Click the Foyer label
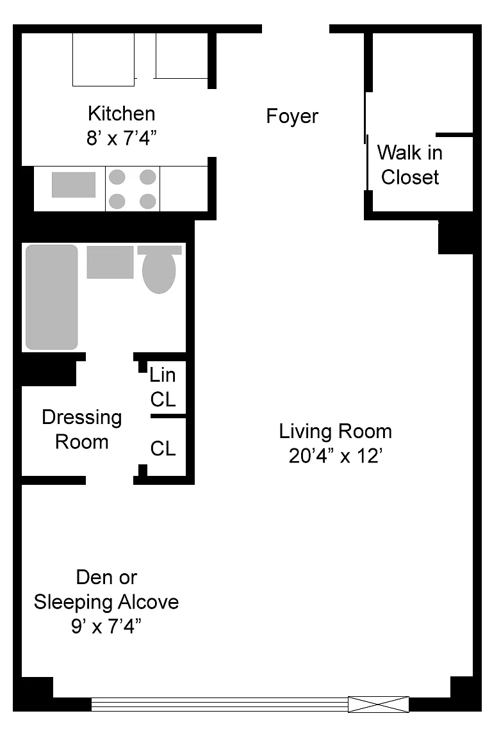click(x=292, y=116)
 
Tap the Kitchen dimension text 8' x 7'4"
click(x=121, y=138)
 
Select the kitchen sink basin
click(x=74, y=184)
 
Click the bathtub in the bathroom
click(x=51, y=297)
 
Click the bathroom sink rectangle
click(x=110, y=262)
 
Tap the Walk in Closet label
click(x=409, y=165)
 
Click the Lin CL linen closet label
click(x=163, y=387)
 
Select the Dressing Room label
click(x=82, y=429)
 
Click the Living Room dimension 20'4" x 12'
click(x=336, y=456)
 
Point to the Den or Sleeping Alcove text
click(x=106, y=589)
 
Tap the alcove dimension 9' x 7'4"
click(x=106, y=626)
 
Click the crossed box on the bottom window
click(x=378, y=705)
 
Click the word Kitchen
click(x=121, y=114)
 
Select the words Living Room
click(x=336, y=431)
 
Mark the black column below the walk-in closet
click(x=455, y=238)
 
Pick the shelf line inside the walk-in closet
click(x=454, y=135)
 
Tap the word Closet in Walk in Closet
click(x=409, y=177)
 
